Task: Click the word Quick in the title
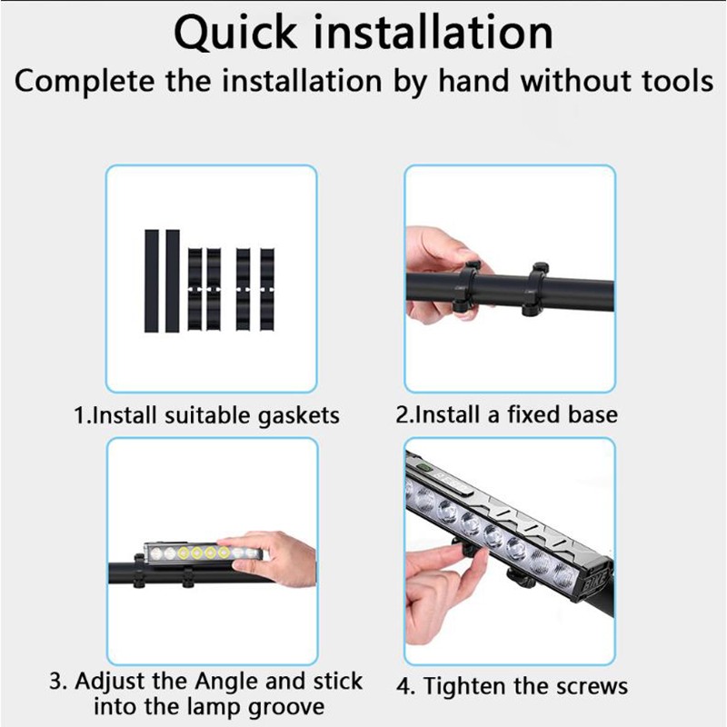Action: coord(235,33)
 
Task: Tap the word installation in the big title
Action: coord(433,32)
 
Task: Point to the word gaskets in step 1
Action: coord(299,416)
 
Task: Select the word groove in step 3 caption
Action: coord(286,708)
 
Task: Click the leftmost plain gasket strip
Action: coord(151,281)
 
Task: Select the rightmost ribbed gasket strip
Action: coord(267,289)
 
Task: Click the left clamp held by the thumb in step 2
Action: coord(465,286)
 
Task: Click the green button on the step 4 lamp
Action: coord(422,467)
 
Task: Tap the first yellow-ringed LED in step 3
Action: coord(184,553)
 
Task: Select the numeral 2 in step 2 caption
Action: coord(402,414)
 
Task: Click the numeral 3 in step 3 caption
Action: coord(56,682)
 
